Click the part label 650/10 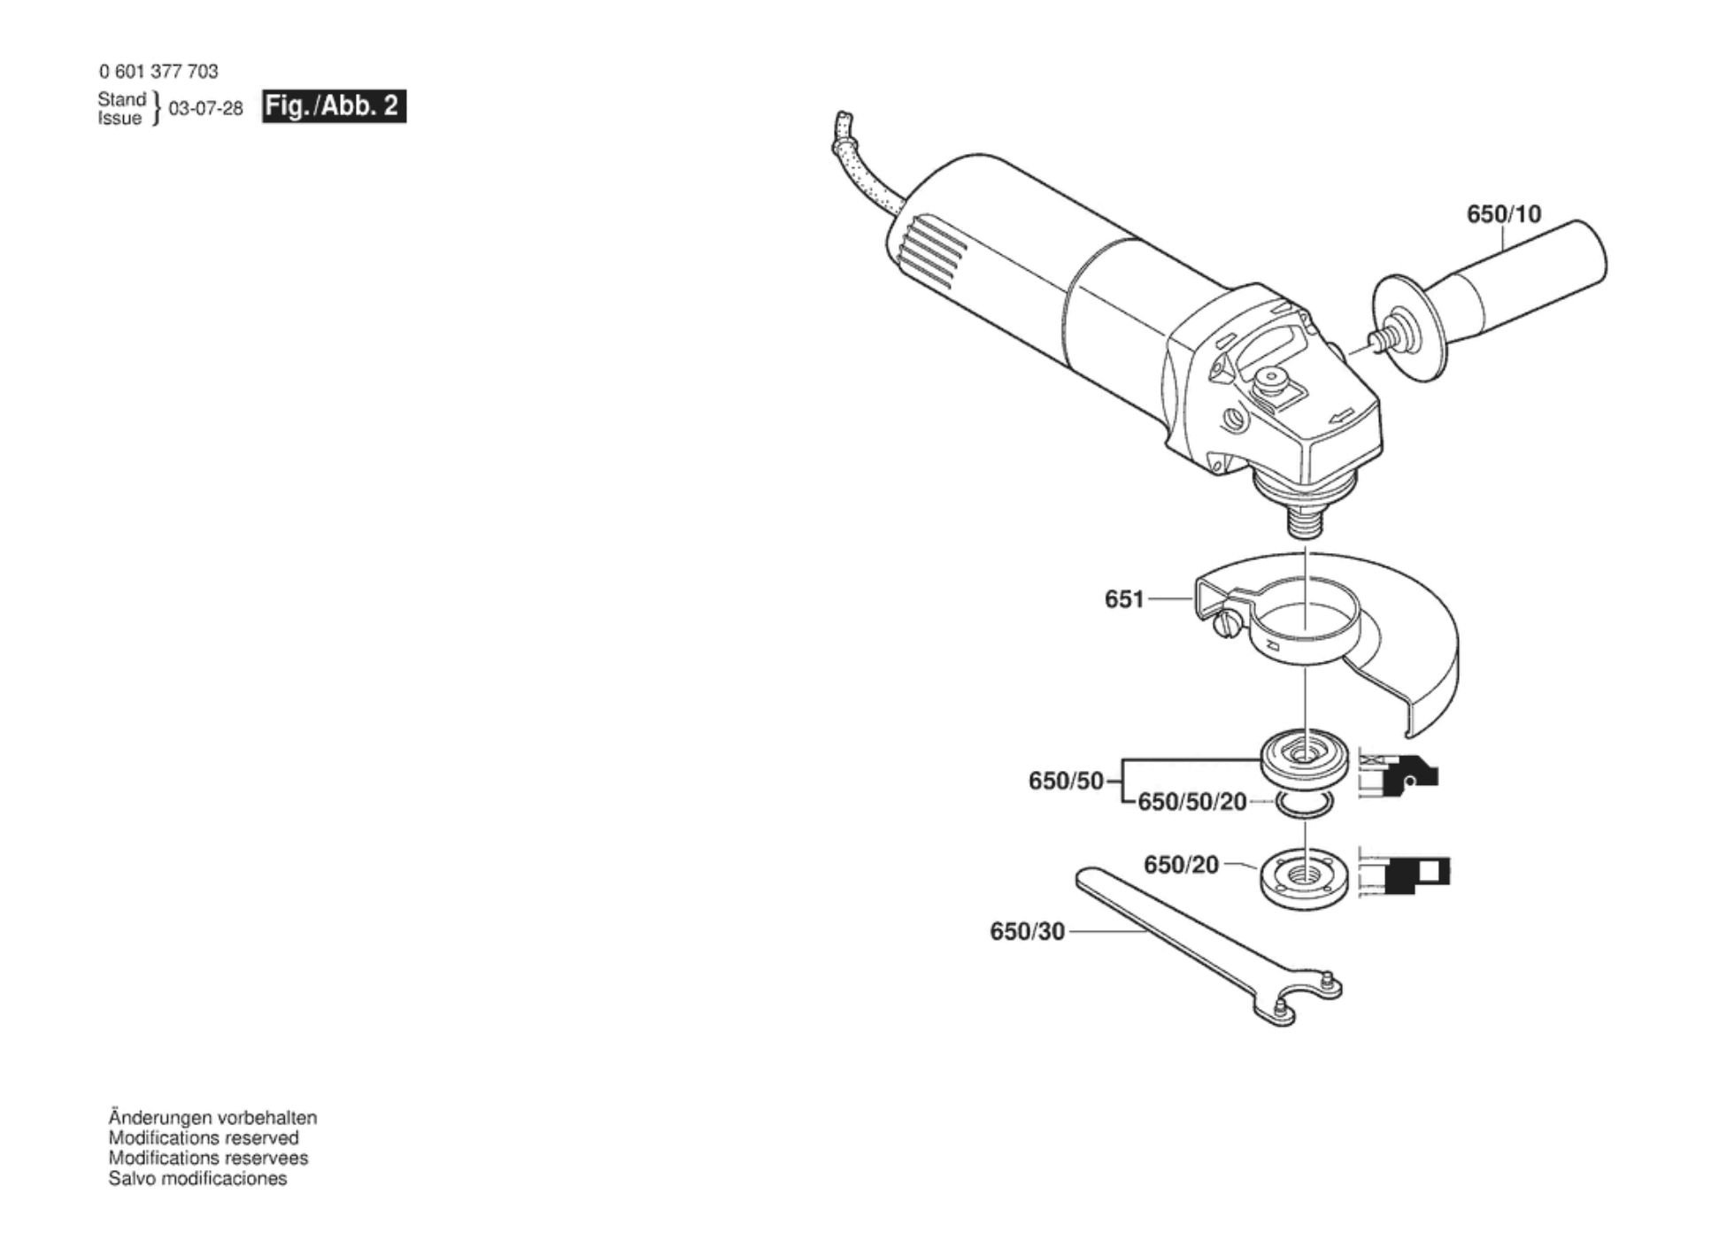pyautogui.click(x=1504, y=214)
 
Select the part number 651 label pyautogui.click(x=1124, y=599)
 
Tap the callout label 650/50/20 pyautogui.click(x=1191, y=802)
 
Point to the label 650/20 pyautogui.click(x=1181, y=865)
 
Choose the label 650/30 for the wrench pyautogui.click(x=1027, y=931)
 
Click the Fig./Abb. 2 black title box pyautogui.click(x=334, y=106)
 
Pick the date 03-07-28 pyautogui.click(x=205, y=108)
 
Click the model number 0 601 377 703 pyautogui.click(x=158, y=71)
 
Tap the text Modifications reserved pyautogui.click(x=204, y=1138)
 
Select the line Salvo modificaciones pyautogui.click(x=197, y=1179)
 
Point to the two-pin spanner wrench pyautogui.click(x=1207, y=947)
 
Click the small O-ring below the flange pyautogui.click(x=1304, y=805)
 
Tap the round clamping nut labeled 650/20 pyautogui.click(x=1304, y=878)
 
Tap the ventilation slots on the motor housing pyautogui.click(x=929, y=252)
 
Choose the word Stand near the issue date pyautogui.click(x=121, y=99)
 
